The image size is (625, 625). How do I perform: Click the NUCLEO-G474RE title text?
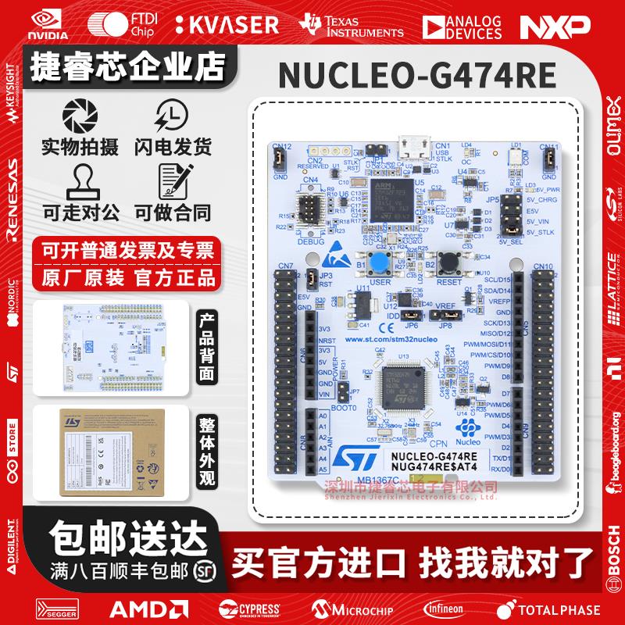(417, 76)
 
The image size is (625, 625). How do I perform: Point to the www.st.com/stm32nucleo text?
(391, 339)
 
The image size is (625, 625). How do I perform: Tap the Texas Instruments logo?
(355, 25)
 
